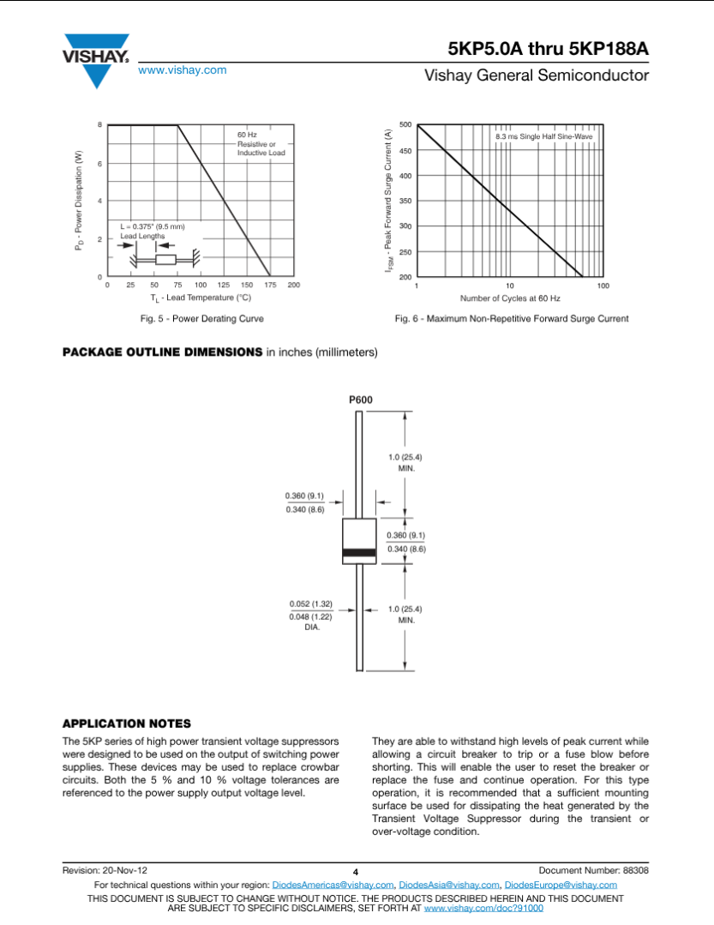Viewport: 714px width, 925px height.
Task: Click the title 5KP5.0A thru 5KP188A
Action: click(x=548, y=49)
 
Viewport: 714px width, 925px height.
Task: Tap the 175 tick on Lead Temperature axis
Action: click(x=270, y=285)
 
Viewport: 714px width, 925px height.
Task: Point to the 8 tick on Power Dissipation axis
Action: click(x=100, y=125)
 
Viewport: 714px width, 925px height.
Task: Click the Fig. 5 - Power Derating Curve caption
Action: click(x=202, y=319)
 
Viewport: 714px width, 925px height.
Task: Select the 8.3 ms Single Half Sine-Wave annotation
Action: click(x=543, y=136)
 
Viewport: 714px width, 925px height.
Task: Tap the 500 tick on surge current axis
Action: click(x=405, y=125)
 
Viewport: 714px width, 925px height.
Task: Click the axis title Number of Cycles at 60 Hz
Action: click(x=510, y=298)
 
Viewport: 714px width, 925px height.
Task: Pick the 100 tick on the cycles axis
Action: click(x=603, y=285)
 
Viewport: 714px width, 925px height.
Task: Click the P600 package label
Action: click(x=360, y=399)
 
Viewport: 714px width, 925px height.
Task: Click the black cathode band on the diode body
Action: click(x=359, y=553)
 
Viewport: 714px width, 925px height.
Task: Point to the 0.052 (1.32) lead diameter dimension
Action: click(x=310, y=604)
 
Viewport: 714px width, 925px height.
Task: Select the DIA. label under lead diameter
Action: click(x=312, y=628)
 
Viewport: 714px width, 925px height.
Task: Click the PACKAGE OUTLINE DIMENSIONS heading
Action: click(x=162, y=352)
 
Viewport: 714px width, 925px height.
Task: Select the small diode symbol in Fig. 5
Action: click(x=165, y=259)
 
